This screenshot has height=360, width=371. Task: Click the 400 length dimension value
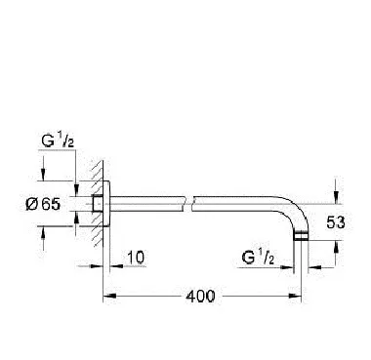(x=200, y=297)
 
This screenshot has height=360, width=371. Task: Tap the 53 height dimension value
(x=335, y=222)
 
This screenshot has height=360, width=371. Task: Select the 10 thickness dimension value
(x=136, y=258)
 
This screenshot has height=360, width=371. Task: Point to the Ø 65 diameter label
(x=43, y=204)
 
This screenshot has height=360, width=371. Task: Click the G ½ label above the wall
(x=58, y=141)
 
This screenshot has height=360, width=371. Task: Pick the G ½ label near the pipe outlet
(x=258, y=258)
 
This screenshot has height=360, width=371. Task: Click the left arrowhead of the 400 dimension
(x=109, y=296)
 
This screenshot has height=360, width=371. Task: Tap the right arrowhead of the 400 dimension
(x=296, y=296)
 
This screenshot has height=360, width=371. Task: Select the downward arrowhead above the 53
(x=336, y=197)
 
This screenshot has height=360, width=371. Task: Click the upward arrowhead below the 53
(x=336, y=247)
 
